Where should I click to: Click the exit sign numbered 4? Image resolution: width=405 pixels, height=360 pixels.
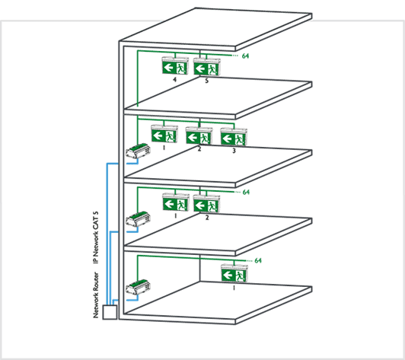coord(175,65)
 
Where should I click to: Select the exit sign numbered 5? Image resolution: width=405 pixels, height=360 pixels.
coord(207,67)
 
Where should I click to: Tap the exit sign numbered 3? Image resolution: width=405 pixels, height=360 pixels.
coord(234,136)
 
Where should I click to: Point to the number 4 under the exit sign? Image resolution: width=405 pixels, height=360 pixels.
coord(175,79)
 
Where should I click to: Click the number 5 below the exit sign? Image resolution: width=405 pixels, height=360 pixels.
coord(206,81)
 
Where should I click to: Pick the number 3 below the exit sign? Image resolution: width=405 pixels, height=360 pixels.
coord(234,151)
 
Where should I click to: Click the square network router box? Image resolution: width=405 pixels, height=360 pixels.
coord(110,312)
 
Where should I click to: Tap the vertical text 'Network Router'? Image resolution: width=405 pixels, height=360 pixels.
coord(96,295)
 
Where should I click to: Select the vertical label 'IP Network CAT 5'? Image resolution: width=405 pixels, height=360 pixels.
coord(96,237)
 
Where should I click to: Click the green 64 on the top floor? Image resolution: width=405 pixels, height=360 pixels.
coord(245,56)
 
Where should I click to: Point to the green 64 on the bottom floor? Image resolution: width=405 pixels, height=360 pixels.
coord(258,260)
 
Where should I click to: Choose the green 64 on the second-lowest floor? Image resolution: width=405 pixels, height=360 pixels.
coord(246,192)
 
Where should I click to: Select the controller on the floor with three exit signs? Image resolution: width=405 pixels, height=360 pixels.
coord(138,151)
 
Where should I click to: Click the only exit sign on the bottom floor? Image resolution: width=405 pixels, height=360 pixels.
coord(234,273)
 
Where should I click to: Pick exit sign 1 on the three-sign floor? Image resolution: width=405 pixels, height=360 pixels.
coord(164,133)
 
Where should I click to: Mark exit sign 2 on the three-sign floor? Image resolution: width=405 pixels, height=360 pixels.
coord(199,135)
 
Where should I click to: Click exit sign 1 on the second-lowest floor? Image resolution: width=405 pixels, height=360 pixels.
coord(176,202)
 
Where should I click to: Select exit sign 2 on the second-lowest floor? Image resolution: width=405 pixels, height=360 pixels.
coord(206,203)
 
